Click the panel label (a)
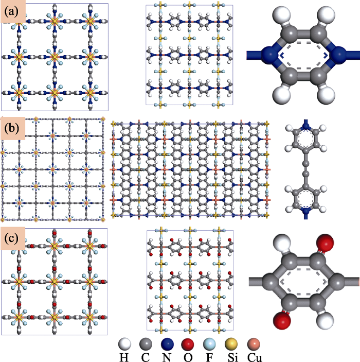pyautogui.click(x=11, y=11)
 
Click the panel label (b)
pyautogui.click(x=12, y=128)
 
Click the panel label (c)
pyautogui.click(x=11, y=238)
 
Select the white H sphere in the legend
pyautogui.click(x=124, y=344)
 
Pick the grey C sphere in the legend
pyautogui.click(x=146, y=344)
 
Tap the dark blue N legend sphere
pyautogui.click(x=167, y=344)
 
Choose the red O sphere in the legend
pyautogui.click(x=188, y=344)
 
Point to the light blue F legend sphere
pyautogui.click(x=209, y=344)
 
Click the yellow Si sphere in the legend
pyautogui.click(x=231, y=344)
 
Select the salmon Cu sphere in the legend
pyautogui.click(x=254, y=344)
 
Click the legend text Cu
pyautogui.click(x=255, y=357)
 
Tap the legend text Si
pyautogui.click(x=232, y=357)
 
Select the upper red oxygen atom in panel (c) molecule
pyautogui.click(x=325, y=243)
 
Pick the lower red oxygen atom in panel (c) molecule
pyautogui.click(x=282, y=321)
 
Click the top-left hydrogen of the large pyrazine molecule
pyautogui.click(x=281, y=14)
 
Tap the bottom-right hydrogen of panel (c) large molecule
pyautogui.click(x=325, y=321)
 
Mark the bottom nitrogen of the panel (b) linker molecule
pyautogui.click(x=306, y=211)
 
